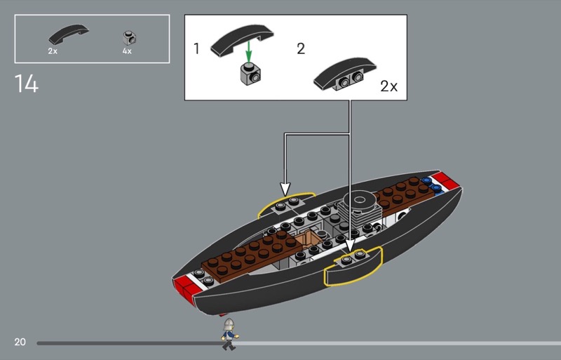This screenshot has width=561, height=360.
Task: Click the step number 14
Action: (x=27, y=84)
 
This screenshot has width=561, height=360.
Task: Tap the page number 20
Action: (x=20, y=342)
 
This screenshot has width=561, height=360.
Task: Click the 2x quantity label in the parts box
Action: (x=53, y=51)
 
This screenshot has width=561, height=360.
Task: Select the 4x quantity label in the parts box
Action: (x=127, y=51)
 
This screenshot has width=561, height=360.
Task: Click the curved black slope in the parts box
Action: (x=68, y=34)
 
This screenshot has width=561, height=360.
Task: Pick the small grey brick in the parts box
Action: (x=130, y=38)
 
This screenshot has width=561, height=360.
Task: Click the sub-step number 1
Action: (x=196, y=48)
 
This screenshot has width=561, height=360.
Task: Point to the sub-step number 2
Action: (x=301, y=48)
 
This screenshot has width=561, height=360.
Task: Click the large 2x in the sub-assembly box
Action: (x=388, y=86)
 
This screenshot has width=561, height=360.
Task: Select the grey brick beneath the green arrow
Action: (x=250, y=74)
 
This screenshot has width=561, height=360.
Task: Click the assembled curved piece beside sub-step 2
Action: (x=345, y=74)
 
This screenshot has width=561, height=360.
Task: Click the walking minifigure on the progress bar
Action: (x=229, y=334)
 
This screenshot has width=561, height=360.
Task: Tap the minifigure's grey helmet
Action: (x=229, y=324)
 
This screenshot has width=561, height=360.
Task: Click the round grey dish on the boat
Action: (x=359, y=201)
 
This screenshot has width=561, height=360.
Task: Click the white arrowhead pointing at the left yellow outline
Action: (x=285, y=189)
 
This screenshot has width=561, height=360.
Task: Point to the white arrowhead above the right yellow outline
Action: (x=349, y=246)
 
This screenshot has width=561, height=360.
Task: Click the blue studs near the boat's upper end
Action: (x=431, y=184)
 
